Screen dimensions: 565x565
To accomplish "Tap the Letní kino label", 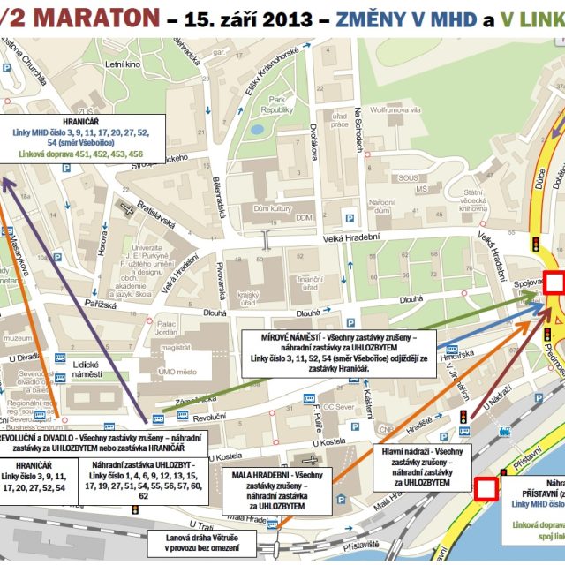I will (124, 64).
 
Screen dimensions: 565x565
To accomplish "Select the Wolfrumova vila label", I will (395, 110).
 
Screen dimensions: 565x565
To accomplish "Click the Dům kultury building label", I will (272, 208).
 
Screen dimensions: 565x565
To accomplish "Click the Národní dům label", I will (381, 207).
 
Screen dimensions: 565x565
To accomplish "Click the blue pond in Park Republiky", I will (257, 129).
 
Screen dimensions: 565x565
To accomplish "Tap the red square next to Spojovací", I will (554, 282).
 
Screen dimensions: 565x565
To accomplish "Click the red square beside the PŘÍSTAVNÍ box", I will (486, 488).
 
